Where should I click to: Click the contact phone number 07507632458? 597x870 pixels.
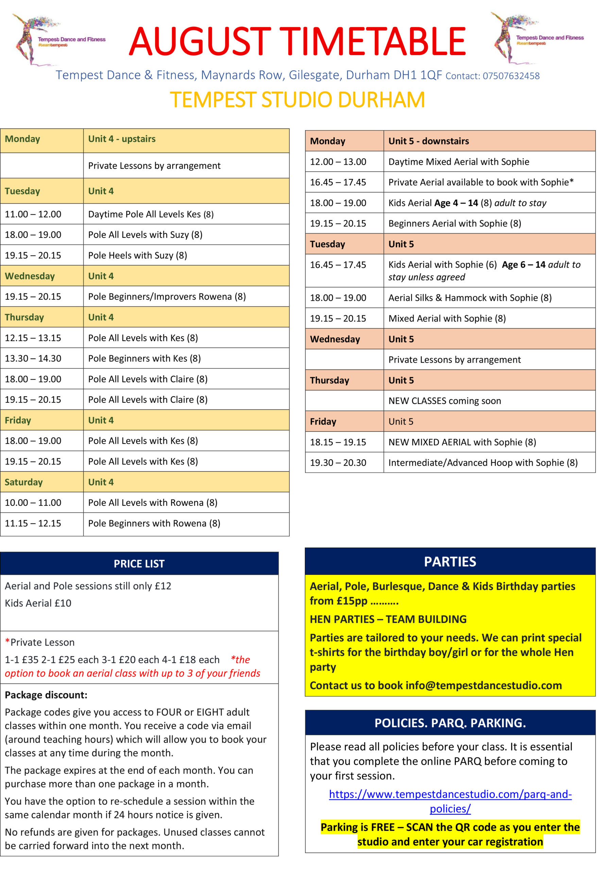click(511, 76)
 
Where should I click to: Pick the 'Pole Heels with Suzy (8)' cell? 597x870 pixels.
click(137, 255)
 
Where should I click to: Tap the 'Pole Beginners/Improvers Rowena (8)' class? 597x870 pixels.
click(167, 296)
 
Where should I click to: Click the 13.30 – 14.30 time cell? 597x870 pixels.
click(33, 358)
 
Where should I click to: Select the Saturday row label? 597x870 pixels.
click(23, 482)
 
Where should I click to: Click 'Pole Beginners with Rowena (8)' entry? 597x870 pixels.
click(154, 523)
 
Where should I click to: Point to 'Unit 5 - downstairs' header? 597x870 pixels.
click(428, 141)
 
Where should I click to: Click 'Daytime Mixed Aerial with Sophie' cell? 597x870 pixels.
click(458, 162)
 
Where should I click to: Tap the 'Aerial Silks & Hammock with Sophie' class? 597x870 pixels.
click(470, 298)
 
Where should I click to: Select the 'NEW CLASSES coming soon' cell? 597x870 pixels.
click(444, 401)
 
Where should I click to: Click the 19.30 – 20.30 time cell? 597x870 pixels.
click(338, 463)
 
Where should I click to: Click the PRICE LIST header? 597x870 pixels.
click(139, 563)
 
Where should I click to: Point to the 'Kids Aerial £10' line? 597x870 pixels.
click(38, 603)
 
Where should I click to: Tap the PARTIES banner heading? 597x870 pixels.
click(450, 561)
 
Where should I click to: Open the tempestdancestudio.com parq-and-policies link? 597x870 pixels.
click(450, 794)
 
